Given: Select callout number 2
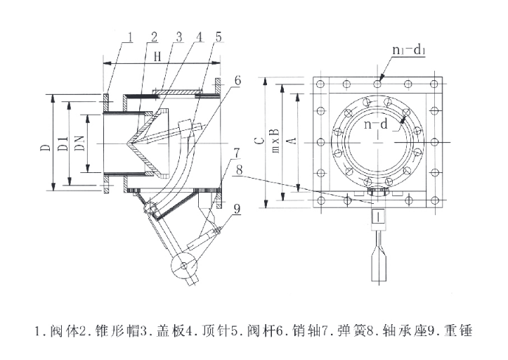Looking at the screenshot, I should [x=154, y=36].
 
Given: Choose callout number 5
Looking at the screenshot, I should [x=219, y=36].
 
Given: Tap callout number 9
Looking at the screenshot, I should [x=237, y=208].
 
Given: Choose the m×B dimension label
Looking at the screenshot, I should [x=276, y=143].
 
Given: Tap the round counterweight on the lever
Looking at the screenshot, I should [x=185, y=266].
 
